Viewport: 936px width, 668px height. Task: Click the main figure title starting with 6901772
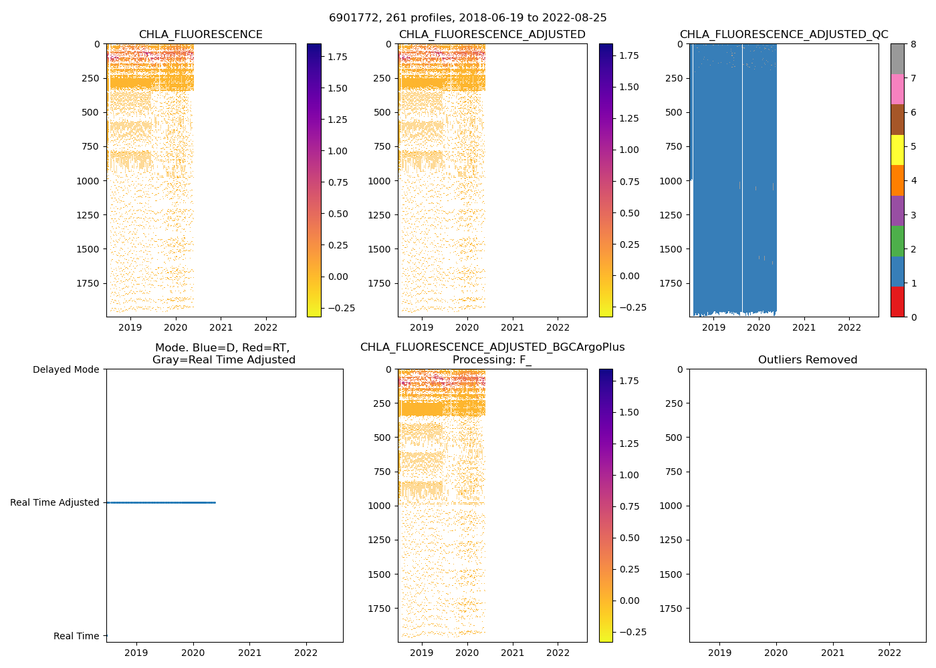coord(467,18)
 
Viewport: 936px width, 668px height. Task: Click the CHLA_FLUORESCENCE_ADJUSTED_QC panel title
coord(784,35)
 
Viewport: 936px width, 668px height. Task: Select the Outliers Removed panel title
coord(807,360)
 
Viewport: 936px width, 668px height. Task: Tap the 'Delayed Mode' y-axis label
coord(66,369)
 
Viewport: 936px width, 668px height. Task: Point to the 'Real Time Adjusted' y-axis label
coord(54,502)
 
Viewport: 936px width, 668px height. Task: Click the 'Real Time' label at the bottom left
coord(76,636)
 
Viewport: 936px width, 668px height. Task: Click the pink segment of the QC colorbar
coord(897,90)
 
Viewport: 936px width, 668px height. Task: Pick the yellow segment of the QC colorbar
coord(897,150)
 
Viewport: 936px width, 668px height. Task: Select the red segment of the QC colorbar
coord(897,302)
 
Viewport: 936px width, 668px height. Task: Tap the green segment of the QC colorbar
coord(897,241)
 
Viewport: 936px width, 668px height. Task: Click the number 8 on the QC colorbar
coord(913,44)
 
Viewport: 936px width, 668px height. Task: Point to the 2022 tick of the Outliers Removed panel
coord(889,653)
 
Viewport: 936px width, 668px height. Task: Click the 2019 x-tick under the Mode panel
coord(136,653)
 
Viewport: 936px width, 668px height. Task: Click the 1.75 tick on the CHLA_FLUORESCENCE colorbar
coord(338,57)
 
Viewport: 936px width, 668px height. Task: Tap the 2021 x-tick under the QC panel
coord(804,327)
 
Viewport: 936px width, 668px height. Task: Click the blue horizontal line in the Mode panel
coord(160,502)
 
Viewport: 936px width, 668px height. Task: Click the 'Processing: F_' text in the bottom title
coord(492,360)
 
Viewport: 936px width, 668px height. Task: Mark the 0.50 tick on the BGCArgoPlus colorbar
coord(629,538)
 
